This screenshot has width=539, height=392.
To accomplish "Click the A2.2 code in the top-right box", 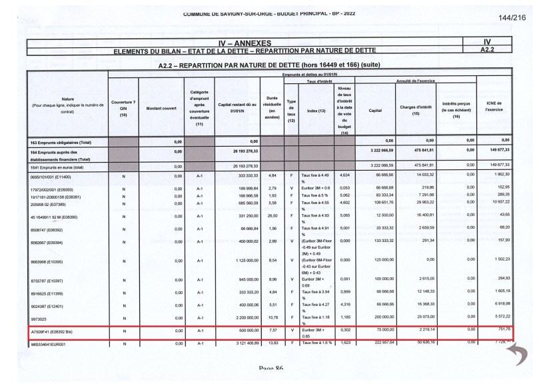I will tap(487, 49).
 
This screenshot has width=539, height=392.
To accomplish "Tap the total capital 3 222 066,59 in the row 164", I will tap(379, 153).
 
